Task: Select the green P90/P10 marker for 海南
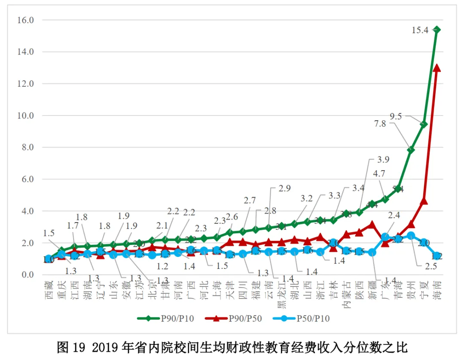click(437, 30)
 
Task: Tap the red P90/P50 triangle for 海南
click(437, 68)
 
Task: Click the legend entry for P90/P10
click(165, 318)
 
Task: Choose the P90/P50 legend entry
click(233, 318)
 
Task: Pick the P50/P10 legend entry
click(300, 318)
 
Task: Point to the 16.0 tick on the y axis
click(25, 20)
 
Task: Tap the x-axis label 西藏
click(49, 290)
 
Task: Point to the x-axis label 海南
click(437, 290)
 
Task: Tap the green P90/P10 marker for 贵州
click(411, 150)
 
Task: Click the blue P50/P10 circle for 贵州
click(411, 235)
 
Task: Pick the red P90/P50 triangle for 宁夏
click(424, 201)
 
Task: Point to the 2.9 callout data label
click(284, 188)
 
